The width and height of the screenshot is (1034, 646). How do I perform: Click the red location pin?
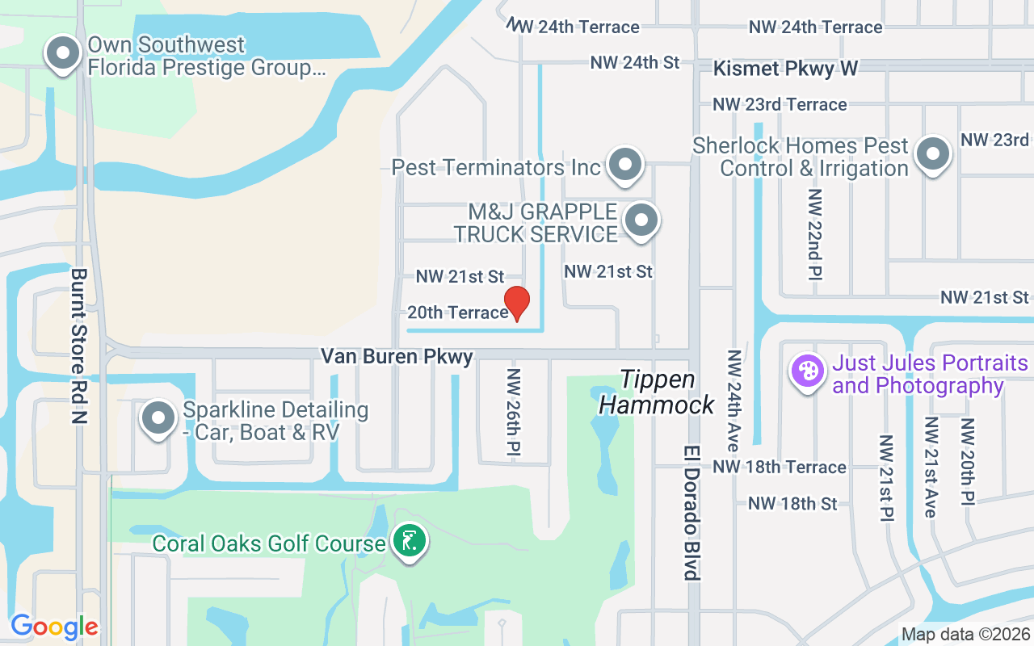tap(516, 304)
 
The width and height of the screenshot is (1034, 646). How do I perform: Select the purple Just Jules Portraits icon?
tap(807, 372)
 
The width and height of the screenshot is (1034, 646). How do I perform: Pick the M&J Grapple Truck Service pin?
tap(642, 220)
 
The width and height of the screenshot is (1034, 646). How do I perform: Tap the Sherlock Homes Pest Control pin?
tap(934, 153)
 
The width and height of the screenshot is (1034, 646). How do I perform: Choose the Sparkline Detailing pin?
tap(159, 419)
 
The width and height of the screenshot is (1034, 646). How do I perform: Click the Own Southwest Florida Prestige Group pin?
tap(63, 54)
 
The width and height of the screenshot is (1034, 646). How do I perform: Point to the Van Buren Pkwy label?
tap(397, 356)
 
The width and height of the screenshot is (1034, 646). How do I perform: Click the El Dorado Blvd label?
tap(691, 512)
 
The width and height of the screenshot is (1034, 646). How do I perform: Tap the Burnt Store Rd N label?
tap(79, 346)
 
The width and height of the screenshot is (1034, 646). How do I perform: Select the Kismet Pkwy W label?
tap(785, 69)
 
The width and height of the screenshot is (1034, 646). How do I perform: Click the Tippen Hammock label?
tap(657, 392)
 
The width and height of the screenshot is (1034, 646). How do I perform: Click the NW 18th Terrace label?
tap(780, 467)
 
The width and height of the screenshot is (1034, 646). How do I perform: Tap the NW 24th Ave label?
tap(733, 401)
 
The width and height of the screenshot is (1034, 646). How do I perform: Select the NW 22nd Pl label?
tap(814, 235)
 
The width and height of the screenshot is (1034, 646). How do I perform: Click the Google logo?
tap(54, 626)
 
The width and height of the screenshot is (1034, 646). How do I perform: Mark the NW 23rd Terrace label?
tap(780, 104)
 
